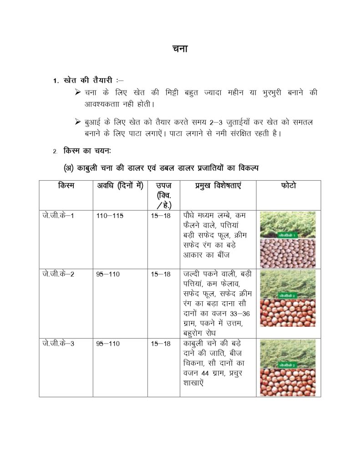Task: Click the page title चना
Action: pos(180,49)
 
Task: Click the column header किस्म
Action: pos(66,186)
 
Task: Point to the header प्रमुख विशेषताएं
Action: pos(218,186)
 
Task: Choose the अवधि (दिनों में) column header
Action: pos(120,186)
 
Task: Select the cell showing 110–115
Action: pos(110,215)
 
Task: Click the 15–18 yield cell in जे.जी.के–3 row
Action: pos(161,343)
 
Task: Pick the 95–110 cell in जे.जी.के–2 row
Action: pos(108,274)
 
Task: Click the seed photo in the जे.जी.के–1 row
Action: pos(287,253)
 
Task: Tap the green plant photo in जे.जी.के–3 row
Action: pos(287,354)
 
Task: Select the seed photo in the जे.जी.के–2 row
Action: pos(287,313)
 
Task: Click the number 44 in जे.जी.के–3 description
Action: pos(207,373)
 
